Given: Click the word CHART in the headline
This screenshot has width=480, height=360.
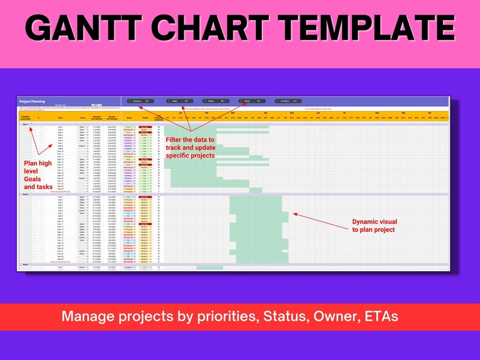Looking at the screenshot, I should tap(220, 28).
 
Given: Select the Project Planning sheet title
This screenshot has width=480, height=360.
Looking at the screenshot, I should tap(34, 101).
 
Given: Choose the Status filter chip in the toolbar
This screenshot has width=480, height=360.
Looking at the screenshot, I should tap(215, 101).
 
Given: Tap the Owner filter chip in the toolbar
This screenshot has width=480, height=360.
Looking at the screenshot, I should tap(251, 101).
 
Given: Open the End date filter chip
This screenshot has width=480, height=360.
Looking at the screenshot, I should tap(288, 101).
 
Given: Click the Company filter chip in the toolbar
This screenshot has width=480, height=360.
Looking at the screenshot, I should tap(141, 101).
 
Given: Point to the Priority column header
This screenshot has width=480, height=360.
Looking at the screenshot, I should tap(145, 118).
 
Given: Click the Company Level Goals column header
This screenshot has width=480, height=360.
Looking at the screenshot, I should tap(25, 118).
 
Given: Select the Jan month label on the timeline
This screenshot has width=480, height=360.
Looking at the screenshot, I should tap(180, 113).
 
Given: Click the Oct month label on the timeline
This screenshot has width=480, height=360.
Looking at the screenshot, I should tap(430, 113).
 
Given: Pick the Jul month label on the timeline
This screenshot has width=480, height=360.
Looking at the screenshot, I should tap(345, 113).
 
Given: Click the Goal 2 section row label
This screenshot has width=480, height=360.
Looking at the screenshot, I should tap(25, 194).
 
